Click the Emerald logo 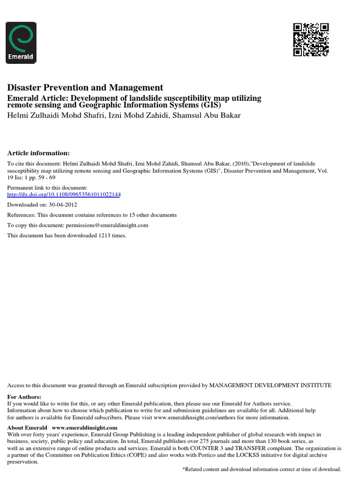tap(21, 43)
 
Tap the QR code tap(311, 40)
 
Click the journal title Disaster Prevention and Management tap(85, 88)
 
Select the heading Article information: tap(38, 153)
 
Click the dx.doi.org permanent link tap(64, 195)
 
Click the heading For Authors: tap(24, 397)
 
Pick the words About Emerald tap(27, 428)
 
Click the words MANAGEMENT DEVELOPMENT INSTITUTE tap(270, 385)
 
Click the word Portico tap(195, 455)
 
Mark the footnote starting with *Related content tap(261, 469)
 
